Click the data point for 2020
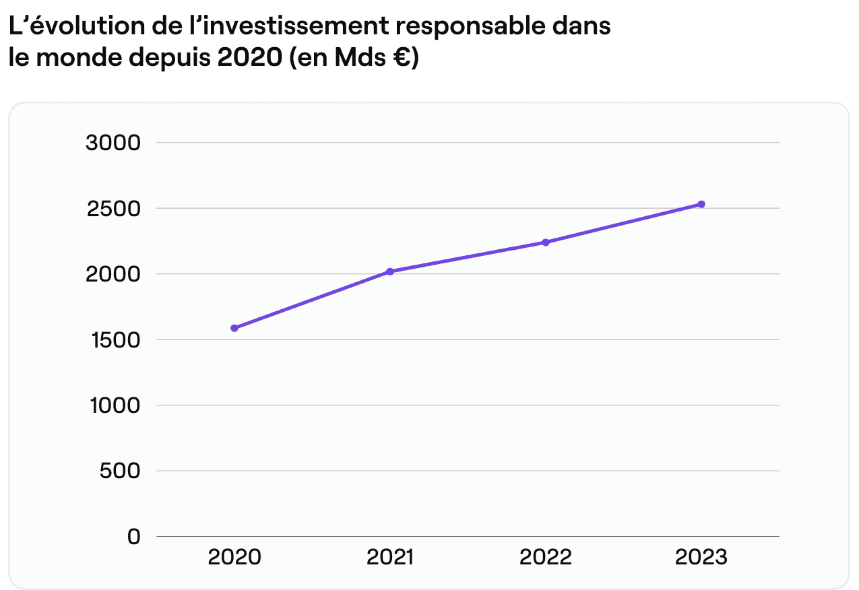(234, 328)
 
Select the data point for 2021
(390, 271)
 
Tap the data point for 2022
(546, 242)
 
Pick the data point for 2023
(701, 204)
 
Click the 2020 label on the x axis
(234, 558)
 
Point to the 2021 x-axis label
(390, 558)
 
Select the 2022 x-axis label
(546, 558)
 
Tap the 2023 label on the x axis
(701, 558)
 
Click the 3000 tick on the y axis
(114, 143)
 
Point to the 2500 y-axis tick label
(114, 209)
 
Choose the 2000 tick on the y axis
(114, 274)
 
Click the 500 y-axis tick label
(120, 471)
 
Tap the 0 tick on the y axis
(133, 537)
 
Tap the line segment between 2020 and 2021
(312, 300)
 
